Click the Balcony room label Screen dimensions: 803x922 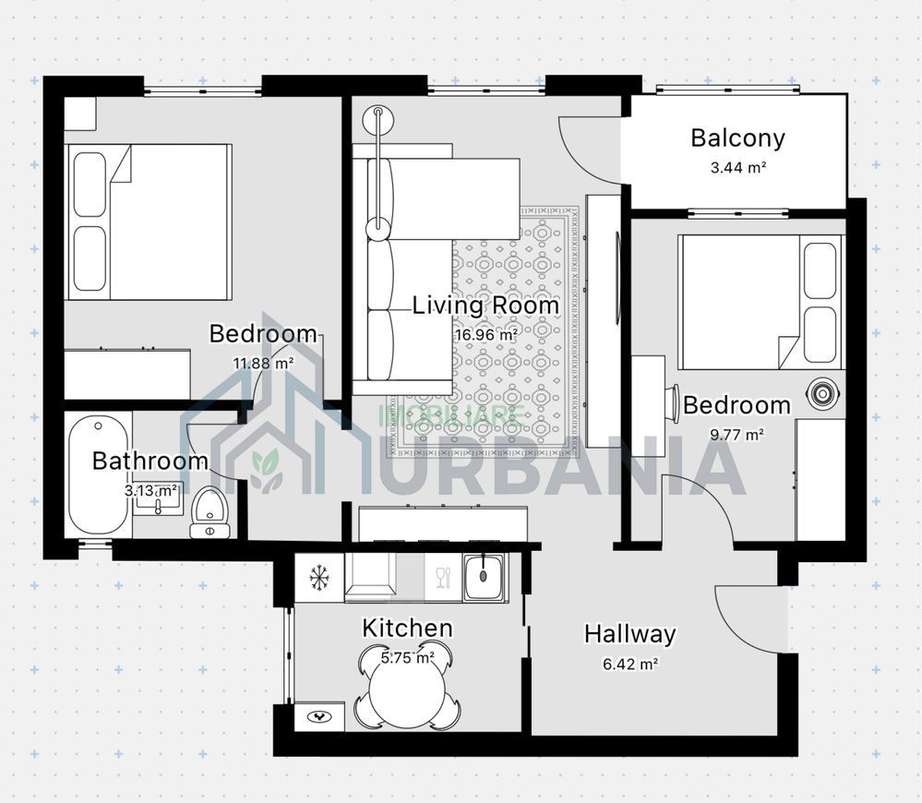point(737,138)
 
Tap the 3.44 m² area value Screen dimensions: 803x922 point(737,168)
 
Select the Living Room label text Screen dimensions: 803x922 point(485,306)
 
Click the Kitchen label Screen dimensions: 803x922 point(407,629)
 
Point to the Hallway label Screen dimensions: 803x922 point(629,635)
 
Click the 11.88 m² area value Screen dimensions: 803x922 point(263,363)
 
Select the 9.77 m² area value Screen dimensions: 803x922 point(736,434)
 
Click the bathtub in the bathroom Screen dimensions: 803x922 point(97,475)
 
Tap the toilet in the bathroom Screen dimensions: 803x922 point(210,512)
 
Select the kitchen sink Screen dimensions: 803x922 point(484,578)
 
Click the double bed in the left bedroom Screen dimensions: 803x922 point(148,222)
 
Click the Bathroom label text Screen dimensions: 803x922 point(150,461)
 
